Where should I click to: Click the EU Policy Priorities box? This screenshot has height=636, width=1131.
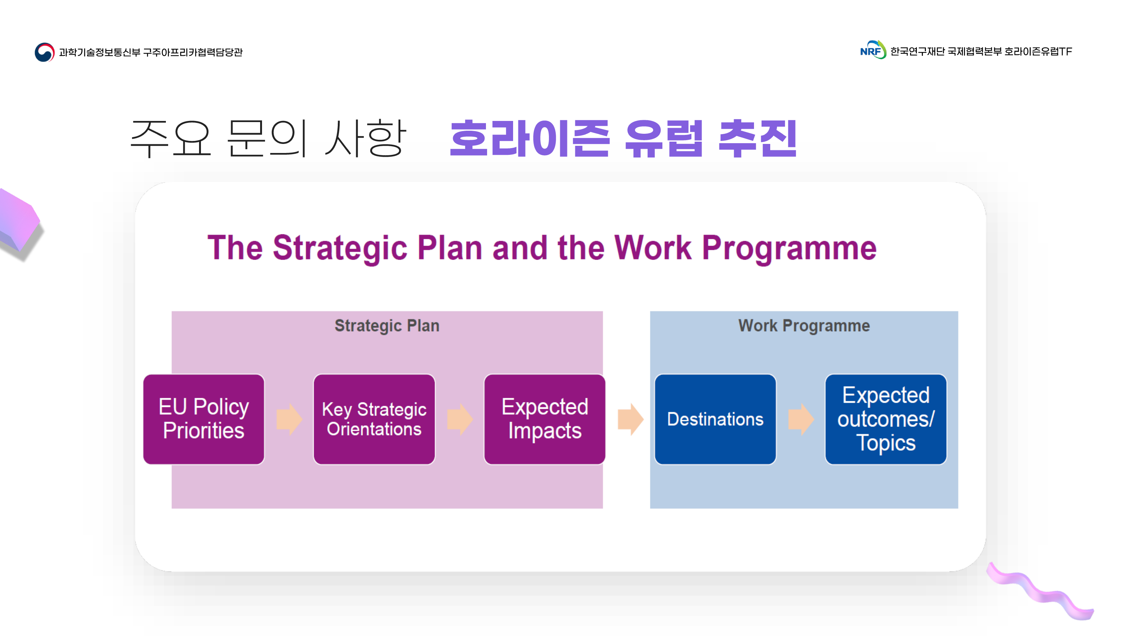pyautogui.click(x=204, y=419)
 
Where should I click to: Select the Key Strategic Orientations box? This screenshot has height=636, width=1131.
pyautogui.click(x=374, y=419)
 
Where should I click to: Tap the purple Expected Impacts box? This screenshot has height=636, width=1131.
pyautogui.click(x=544, y=419)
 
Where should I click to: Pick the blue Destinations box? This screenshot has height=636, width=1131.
pyautogui.click(x=715, y=419)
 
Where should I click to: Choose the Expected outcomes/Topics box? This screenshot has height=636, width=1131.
pyautogui.click(x=886, y=419)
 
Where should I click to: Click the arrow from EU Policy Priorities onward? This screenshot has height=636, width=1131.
pyautogui.click(x=289, y=419)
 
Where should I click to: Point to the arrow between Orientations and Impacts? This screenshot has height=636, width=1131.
pyautogui.click(x=460, y=419)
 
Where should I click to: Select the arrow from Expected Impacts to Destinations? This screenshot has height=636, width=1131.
pyautogui.click(x=630, y=419)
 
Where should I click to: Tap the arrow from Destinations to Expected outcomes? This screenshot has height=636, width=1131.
pyautogui.click(x=801, y=419)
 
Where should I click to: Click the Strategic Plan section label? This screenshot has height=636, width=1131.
pyautogui.click(x=387, y=326)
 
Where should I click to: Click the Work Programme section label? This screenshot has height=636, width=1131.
pyautogui.click(x=804, y=326)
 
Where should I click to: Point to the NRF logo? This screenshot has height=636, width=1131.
pyautogui.click(x=873, y=50)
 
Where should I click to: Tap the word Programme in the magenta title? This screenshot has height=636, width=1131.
pyautogui.click(x=789, y=248)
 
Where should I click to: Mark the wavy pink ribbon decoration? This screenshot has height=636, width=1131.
pyautogui.click(x=1040, y=591)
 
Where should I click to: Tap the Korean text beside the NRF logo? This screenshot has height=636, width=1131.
pyautogui.click(x=981, y=51)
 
